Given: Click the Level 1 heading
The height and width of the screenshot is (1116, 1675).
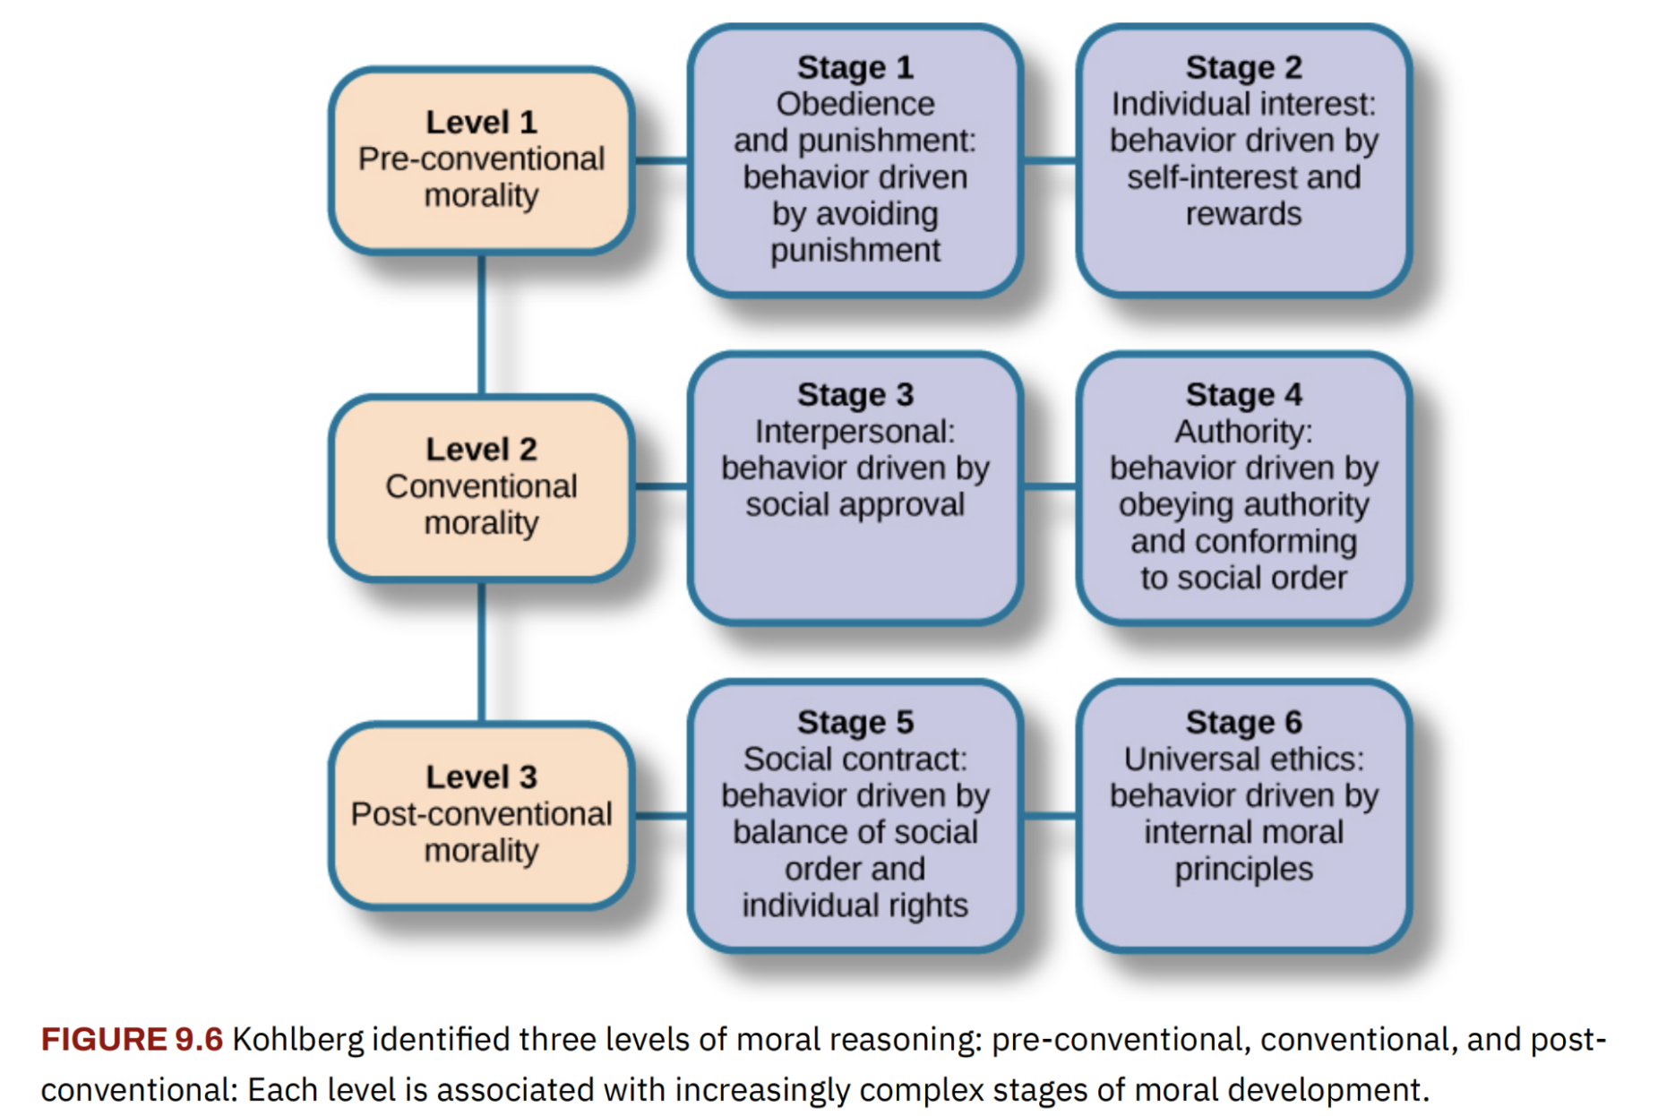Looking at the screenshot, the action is coord(481,122).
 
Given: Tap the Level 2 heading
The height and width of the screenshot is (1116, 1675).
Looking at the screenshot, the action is coord(481,450).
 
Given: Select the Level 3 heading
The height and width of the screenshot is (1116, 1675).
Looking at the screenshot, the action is coord(481,777).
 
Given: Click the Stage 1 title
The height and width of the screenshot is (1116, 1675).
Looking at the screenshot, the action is coord(855,67).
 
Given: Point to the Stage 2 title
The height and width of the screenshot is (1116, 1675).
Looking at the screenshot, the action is coord(1244,67).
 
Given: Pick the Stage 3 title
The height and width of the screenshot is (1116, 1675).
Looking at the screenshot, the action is coord(855,394).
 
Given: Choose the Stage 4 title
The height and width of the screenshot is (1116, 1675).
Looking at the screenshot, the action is coord(1244,394).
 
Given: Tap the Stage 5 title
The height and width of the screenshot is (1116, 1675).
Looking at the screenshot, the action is coord(855,722).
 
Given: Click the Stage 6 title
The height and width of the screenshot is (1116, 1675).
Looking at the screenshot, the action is coord(1244,722).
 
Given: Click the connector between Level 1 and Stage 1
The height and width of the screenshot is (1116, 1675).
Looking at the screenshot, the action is coord(662,160).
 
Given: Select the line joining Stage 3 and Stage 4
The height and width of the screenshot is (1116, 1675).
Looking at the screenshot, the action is coord(1050,487).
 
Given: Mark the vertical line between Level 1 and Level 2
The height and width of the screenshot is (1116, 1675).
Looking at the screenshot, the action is coord(482,325).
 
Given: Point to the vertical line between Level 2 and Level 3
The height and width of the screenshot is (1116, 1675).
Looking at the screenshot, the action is coord(482,653).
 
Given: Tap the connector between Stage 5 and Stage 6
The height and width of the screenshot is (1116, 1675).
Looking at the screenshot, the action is coord(1050,815).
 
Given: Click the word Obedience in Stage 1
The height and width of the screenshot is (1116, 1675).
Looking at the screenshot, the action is coord(855,104).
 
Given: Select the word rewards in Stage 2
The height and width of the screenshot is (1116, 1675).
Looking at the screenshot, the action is coord(1244,214).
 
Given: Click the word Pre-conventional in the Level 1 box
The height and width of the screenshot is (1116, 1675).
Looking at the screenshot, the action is coord(481,159).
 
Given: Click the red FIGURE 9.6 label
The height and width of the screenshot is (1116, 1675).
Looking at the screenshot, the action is coord(132,1039).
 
